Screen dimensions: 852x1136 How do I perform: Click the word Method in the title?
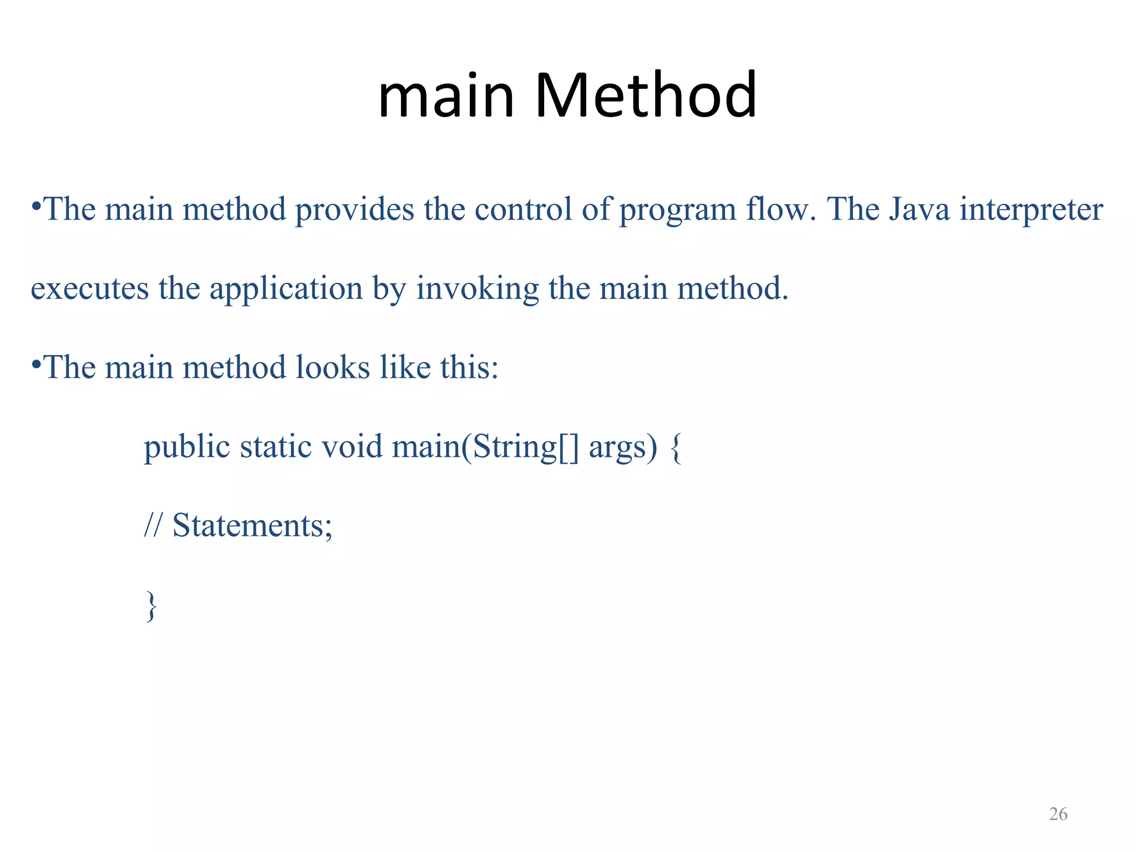[x=645, y=95]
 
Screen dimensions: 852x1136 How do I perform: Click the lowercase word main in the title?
[x=446, y=95]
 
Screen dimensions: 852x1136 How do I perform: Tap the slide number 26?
[x=1058, y=814]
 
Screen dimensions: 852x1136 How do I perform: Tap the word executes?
[x=90, y=289]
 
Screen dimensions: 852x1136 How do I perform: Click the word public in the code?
[x=187, y=447]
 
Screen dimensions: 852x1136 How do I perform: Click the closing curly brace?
[x=151, y=606]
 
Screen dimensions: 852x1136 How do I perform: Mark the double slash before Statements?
[x=153, y=525]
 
